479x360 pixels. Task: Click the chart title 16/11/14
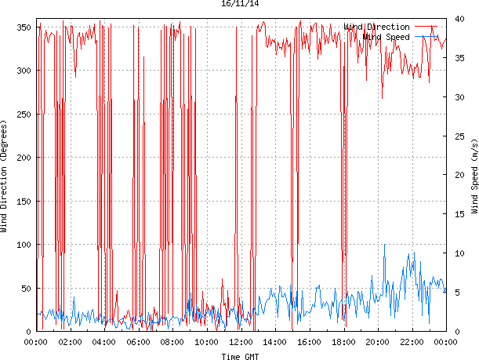coord(239,4)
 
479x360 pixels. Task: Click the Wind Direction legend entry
coord(376,27)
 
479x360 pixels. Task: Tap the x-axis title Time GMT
coord(239,356)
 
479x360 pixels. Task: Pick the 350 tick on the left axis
coord(24,27)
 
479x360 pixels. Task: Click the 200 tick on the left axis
coord(24,158)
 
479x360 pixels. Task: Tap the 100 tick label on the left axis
coord(24,245)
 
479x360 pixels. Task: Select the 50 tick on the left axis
coord(26,289)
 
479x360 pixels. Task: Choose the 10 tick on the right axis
coord(459,253)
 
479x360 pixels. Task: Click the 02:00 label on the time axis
coord(71,342)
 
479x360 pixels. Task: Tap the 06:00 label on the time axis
coord(139,342)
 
